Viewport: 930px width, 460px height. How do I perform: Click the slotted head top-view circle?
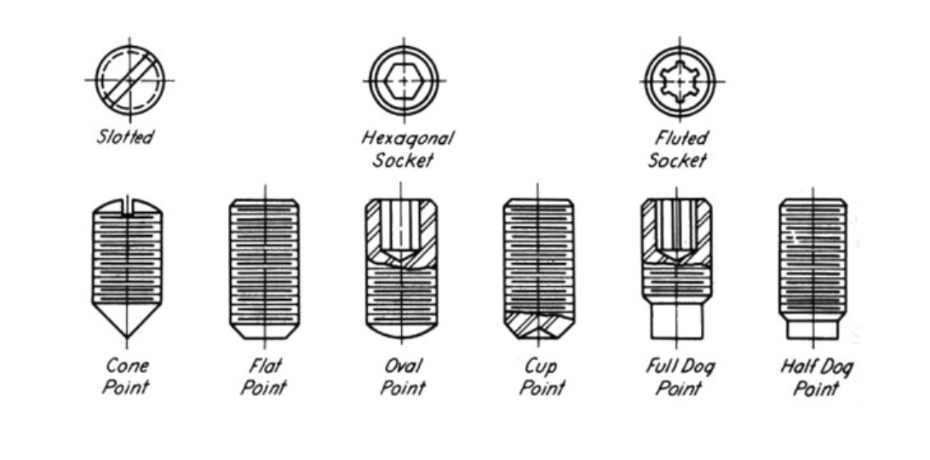[x=129, y=80]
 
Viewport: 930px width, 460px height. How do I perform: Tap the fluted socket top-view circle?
[x=679, y=81]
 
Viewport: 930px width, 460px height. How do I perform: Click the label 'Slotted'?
[x=125, y=136]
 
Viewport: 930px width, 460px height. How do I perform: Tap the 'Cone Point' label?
[x=127, y=376]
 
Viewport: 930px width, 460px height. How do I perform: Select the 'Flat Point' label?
[x=263, y=376]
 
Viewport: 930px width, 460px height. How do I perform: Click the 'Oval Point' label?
[x=401, y=376]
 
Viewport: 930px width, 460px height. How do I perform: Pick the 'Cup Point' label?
[x=540, y=376]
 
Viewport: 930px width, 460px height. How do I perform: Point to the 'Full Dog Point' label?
[x=679, y=376]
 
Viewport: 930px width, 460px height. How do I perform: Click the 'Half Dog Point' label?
[x=815, y=376]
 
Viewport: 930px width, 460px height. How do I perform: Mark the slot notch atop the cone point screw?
[x=128, y=206]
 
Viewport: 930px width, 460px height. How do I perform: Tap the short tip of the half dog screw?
[x=812, y=328]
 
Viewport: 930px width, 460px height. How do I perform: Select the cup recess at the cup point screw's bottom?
[x=538, y=325]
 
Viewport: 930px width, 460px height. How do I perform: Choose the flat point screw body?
[x=264, y=264]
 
